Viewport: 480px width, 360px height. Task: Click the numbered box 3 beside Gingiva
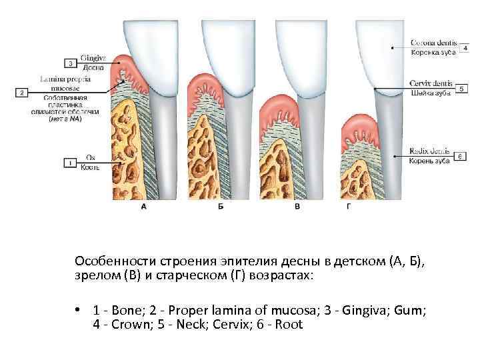[71, 63]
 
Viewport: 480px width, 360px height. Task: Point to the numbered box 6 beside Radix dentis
[459, 156]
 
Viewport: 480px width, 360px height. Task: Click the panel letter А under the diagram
[144, 208]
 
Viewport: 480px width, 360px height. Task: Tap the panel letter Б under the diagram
[221, 208]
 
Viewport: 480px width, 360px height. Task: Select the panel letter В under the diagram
[297, 208]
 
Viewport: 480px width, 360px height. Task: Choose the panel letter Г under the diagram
[349, 208]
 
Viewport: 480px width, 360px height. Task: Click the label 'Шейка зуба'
[430, 93]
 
